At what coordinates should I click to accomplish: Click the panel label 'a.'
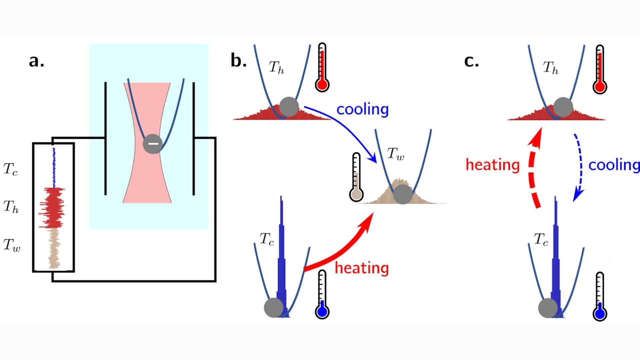coord(36,61)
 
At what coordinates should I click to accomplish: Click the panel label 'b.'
coord(238,61)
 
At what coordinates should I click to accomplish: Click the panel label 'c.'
coord(471,61)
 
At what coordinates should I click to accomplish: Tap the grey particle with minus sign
coord(153,144)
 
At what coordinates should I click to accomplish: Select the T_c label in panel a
coord(10,169)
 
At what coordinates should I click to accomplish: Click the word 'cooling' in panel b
coord(362,109)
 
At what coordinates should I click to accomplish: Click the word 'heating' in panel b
coord(362,268)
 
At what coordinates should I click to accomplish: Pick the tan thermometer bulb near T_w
coord(356,194)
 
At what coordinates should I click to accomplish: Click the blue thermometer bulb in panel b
coord(322,312)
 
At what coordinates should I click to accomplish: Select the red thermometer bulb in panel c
coord(599,87)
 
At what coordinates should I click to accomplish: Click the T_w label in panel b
coord(395,154)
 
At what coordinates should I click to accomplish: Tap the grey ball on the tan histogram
coord(403,194)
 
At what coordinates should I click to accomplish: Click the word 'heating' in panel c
coord(492,165)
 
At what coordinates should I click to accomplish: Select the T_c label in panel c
coord(541,240)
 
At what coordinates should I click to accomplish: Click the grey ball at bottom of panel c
coord(548,308)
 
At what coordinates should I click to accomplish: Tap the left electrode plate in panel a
coord(106,138)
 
